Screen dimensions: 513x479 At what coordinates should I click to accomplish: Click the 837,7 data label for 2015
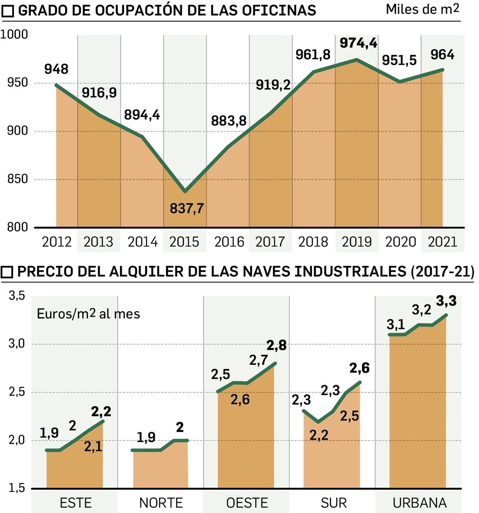click(x=187, y=208)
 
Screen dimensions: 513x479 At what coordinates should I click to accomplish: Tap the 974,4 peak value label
click(x=358, y=43)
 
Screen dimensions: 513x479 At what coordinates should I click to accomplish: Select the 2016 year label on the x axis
click(x=229, y=242)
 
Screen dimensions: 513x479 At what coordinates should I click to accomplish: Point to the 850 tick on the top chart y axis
click(x=17, y=179)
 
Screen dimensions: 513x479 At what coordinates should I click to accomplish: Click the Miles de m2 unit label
click(x=422, y=10)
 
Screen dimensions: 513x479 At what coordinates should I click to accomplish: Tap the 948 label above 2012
click(x=56, y=69)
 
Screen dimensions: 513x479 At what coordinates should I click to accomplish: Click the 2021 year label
click(x=442, y=242)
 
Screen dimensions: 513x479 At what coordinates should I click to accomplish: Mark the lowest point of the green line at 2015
click(x=185, y=191)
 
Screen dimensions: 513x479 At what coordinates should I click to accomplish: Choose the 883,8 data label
click(x=229, y=121)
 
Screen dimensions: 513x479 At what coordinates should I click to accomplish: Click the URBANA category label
click(x=419, y=503)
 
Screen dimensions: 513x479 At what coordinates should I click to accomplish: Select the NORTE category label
click(x=161, y=503)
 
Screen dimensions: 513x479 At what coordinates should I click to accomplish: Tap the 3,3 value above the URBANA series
click(x=446, y=301)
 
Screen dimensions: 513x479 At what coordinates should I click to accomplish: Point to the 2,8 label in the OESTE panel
click(x=276, y=345)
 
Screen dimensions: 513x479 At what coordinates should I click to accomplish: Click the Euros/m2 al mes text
click(x=88, y=314)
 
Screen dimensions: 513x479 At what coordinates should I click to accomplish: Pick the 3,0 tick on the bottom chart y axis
click(x=17, y=344)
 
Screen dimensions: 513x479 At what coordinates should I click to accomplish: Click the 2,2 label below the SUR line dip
click(x=319, y=435)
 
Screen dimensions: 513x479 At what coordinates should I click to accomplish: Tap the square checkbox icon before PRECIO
click(x=7, y=272)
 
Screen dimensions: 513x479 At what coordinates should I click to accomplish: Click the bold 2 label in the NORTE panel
click(x=180, y=427)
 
